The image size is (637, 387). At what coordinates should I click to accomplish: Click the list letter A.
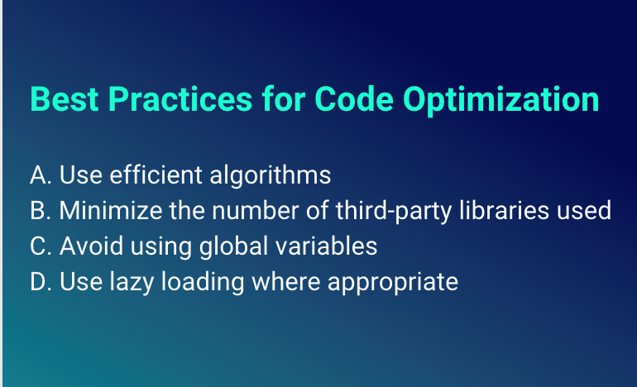point(38,175)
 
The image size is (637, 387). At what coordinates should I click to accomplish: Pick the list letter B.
point(38,211)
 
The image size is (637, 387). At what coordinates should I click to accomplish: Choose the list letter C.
point(38,246)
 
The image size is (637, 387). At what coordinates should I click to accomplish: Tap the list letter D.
point(38,282)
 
